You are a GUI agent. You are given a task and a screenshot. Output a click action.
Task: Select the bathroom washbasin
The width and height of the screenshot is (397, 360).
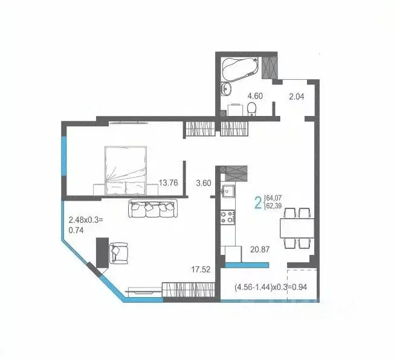[x=227, y=89]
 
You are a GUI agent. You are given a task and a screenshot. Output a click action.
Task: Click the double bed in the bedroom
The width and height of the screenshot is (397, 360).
[x=126, y=171]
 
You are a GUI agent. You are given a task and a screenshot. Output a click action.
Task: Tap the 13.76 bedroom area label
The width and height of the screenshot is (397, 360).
[x=167, y=183]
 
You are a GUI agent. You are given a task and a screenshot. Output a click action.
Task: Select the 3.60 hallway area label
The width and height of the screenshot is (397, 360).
[x=204, y=183]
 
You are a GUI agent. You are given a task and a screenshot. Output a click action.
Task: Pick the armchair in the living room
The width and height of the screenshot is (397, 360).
[x=119, y=253]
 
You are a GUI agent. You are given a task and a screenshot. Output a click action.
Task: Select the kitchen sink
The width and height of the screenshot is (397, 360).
[x=228, y=192]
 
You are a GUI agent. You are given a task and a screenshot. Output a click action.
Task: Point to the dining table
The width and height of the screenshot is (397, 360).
[x=295, y=228]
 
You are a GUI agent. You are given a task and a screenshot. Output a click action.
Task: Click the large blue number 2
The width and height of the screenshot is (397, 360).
[x=258, y=202]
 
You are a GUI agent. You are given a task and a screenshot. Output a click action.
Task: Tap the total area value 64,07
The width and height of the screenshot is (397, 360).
[x=274, y=196]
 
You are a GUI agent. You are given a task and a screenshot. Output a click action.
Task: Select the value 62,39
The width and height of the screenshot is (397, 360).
[x=274, y=207]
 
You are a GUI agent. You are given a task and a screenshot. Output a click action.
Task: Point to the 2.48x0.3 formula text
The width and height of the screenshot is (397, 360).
[x=86, y=219]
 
